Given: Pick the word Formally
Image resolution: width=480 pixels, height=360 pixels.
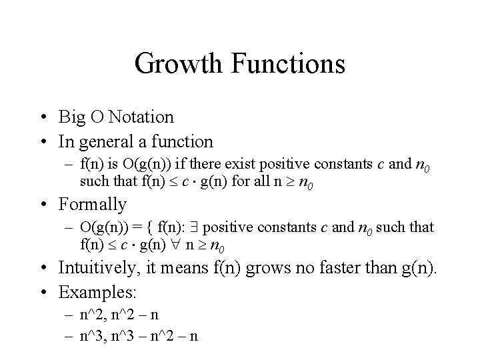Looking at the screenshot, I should coord(92,204).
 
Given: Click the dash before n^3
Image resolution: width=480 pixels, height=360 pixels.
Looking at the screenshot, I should coord(69,335).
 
